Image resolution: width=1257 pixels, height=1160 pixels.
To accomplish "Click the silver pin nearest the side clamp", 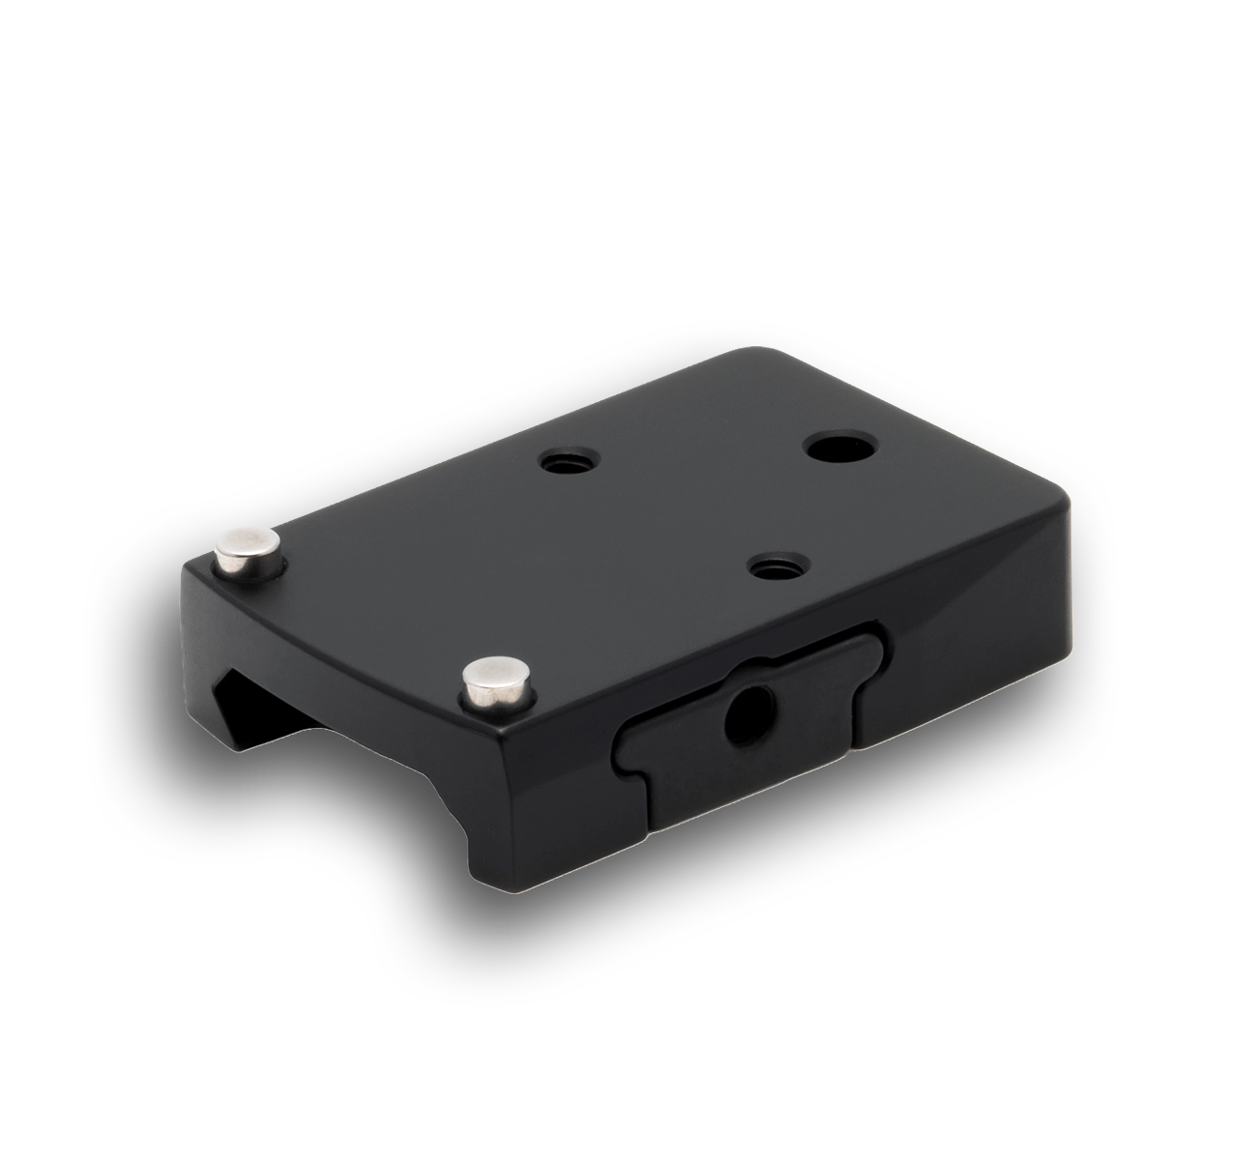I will click(x=500, y=684).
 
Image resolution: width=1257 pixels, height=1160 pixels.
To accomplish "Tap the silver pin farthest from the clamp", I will click(x=248, y=548).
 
